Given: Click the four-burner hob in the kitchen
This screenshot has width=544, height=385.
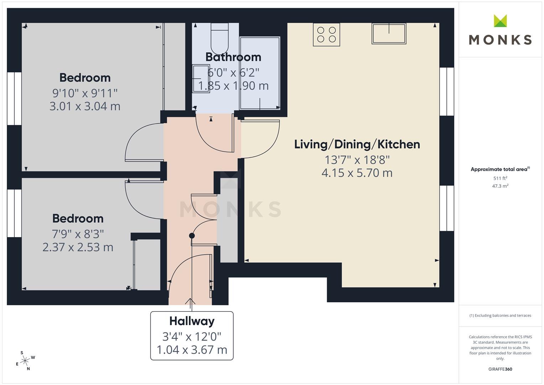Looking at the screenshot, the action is [x=326, y=35].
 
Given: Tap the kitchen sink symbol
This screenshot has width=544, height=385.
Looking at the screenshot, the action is [x=389, y=34].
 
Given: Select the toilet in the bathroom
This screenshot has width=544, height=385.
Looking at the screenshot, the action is [x=219, y=39].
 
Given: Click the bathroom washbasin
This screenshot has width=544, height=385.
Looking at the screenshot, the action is [x=201, y=78].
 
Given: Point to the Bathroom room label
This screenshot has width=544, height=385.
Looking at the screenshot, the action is [x=233, y=57].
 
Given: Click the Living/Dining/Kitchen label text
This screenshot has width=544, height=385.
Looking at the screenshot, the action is [x=357, y=144].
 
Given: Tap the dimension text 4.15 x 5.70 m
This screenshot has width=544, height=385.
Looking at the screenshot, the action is [x=357, y=173].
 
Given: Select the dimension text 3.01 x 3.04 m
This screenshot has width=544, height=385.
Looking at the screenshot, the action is [x=85, y=106].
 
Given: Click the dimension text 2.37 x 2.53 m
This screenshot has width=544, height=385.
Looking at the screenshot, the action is [x=78, y=247].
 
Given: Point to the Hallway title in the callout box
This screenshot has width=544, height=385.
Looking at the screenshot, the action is [x=192, y=321].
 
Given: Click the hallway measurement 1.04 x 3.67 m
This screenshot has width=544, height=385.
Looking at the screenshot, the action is [x=192, y=350].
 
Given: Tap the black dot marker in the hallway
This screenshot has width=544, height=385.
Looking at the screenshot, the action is [x=192, y=236].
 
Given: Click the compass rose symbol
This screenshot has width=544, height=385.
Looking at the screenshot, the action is [x=25, y=361].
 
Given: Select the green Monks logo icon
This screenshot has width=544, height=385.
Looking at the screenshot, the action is [x=500, y=21].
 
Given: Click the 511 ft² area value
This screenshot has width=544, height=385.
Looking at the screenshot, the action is [x=500, y=178].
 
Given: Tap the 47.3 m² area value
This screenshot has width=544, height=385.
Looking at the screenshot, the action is [x=500, y=186].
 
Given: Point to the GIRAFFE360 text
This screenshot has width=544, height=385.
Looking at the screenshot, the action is [x=500, y=369].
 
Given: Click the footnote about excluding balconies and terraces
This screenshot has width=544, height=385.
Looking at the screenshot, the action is [x=500, y=315].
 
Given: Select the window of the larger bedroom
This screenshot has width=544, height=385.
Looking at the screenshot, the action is [x=14, y=99].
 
